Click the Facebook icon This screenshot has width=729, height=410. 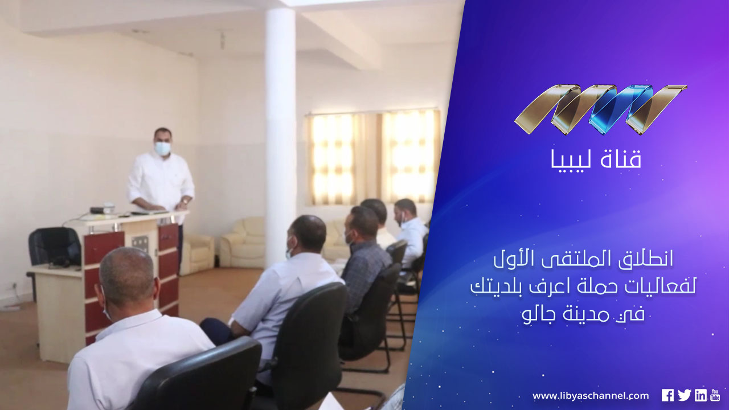(667, 395)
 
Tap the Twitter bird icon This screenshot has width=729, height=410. (685, 395)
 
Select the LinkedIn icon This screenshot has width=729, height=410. (701, 395)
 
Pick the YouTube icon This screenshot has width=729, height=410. (715, 395)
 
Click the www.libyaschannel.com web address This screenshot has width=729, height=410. (591, 396)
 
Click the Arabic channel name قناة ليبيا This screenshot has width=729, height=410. (596, 159)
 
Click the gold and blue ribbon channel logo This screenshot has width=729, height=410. (601, 110)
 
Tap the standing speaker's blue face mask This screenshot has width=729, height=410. (162, 149)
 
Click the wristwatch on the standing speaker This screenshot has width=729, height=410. (185, 202)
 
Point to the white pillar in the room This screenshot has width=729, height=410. (280, 137)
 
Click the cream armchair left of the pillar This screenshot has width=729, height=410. (197, 254)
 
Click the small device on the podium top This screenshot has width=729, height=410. (104, 210)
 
